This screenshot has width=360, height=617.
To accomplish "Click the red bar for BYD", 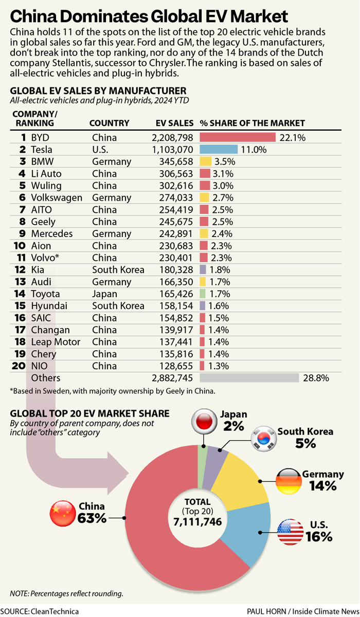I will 238,137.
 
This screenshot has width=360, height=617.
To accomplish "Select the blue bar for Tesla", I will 219,150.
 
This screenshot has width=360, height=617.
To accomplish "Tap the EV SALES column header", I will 174,123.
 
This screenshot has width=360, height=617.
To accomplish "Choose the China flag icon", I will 62,513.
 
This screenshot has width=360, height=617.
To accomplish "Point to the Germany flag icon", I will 289,480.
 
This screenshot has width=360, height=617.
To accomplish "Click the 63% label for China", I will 92,518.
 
